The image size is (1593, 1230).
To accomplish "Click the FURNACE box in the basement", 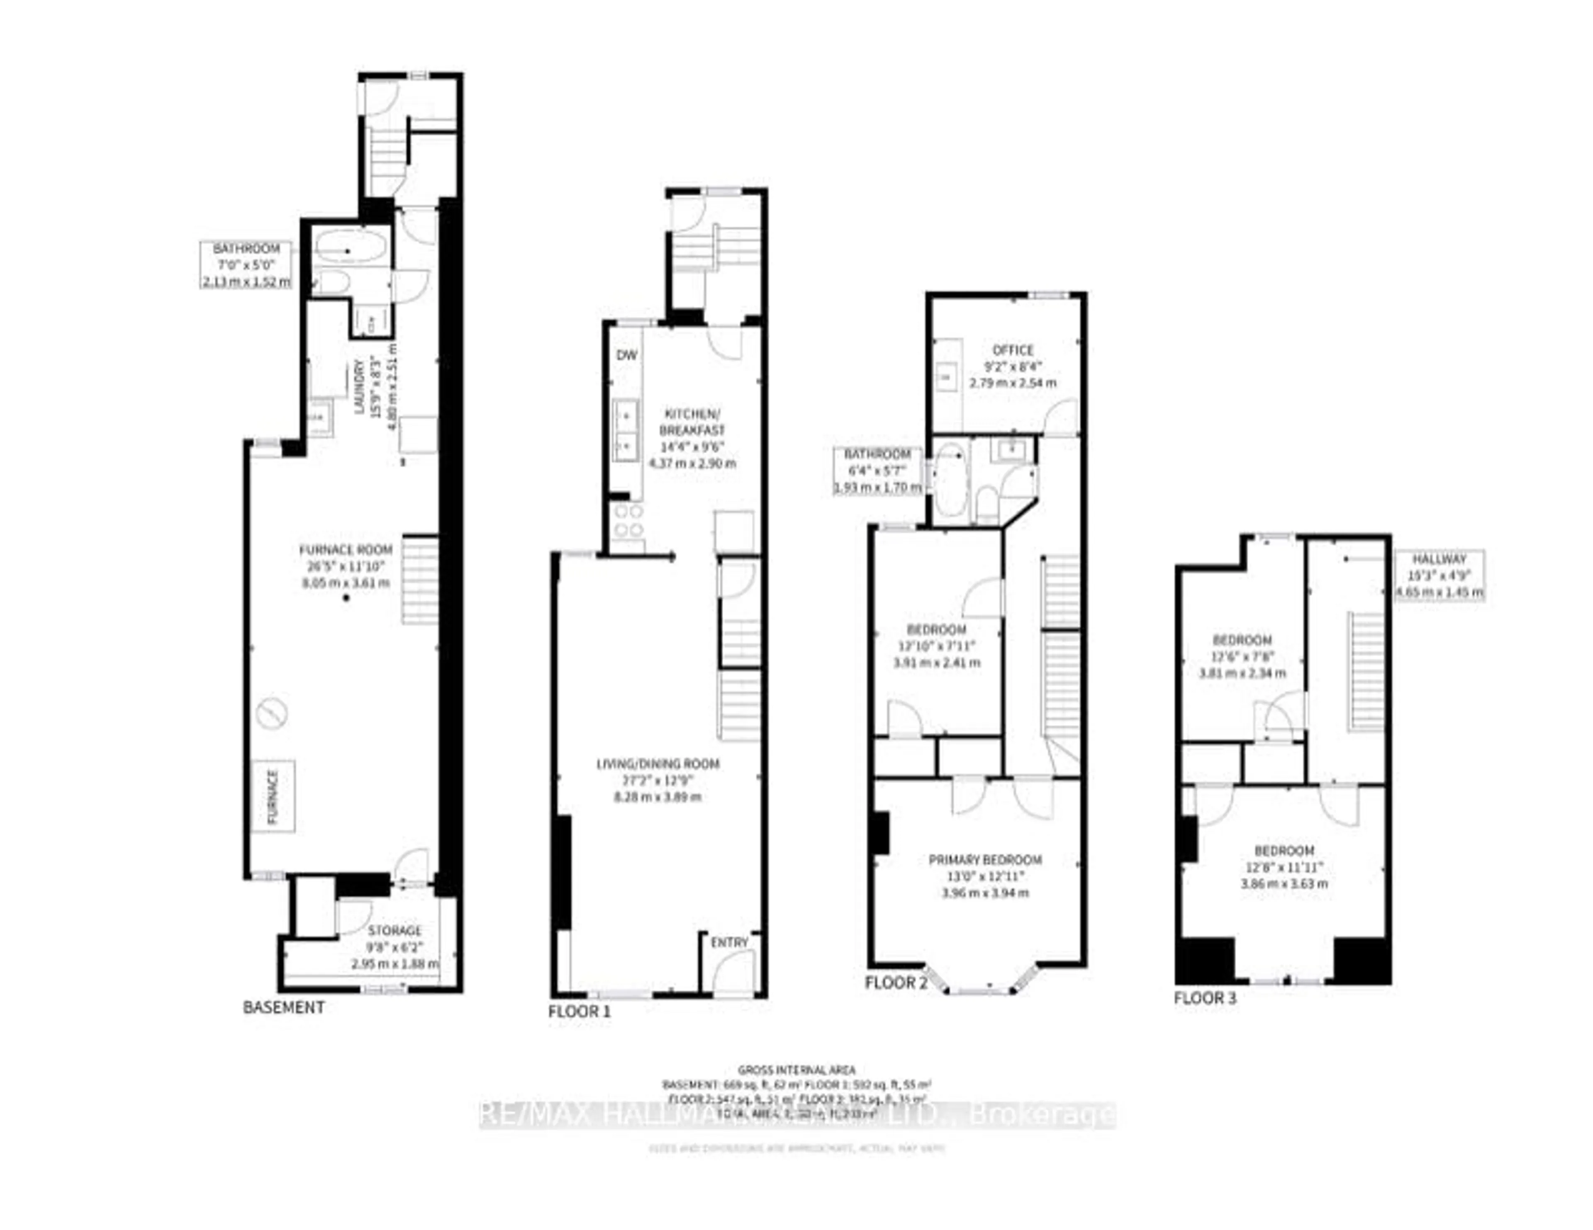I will click(273, 796).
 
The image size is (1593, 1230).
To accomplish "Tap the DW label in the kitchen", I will click(626, 356).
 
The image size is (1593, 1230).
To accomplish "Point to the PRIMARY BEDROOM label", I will click(985, 860).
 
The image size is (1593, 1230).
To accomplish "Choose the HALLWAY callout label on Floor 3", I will click(1438, 559).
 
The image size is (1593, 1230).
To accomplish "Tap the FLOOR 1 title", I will click(579, 1012).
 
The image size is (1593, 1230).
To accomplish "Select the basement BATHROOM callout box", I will click(246, 265).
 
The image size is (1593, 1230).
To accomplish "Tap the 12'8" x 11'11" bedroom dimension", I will click(1284, 868).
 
